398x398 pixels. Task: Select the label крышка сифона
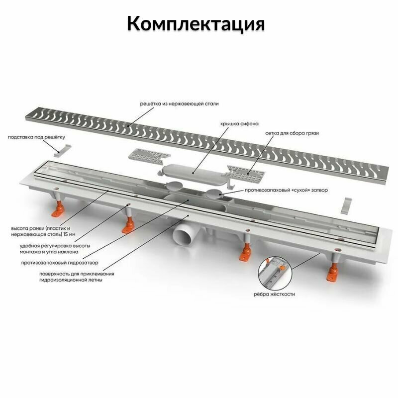[x=241, y=123]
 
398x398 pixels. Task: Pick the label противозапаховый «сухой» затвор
[x=286, y=190]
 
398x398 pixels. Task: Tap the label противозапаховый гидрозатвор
[x=66, y=262]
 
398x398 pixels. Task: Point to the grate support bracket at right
[x=349, y=204]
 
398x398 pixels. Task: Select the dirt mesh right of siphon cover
[x=244, y=172]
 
